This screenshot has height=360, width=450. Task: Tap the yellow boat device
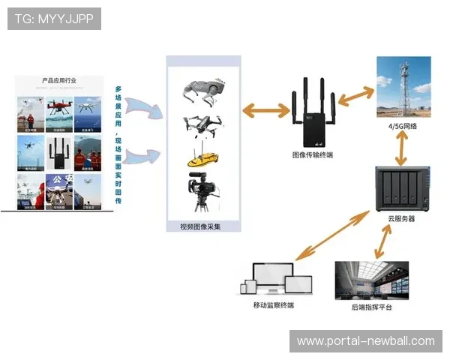tap(201, 159)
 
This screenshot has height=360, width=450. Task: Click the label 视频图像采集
tap(201, 226)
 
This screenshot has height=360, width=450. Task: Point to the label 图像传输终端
tap(313, 155)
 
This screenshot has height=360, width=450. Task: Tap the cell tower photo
tap(403, 88)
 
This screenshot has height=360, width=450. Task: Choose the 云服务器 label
tap(401, 218)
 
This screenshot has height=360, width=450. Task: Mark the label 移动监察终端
tap(274, 305)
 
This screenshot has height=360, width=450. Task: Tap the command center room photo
tap(372, 280)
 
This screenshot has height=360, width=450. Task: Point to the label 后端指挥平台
tap(372, 307)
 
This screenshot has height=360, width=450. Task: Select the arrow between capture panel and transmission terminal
tap(266, 111)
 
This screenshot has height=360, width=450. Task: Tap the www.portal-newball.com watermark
tap(365, 341)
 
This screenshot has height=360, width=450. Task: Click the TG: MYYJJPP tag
tap(54, 19)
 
